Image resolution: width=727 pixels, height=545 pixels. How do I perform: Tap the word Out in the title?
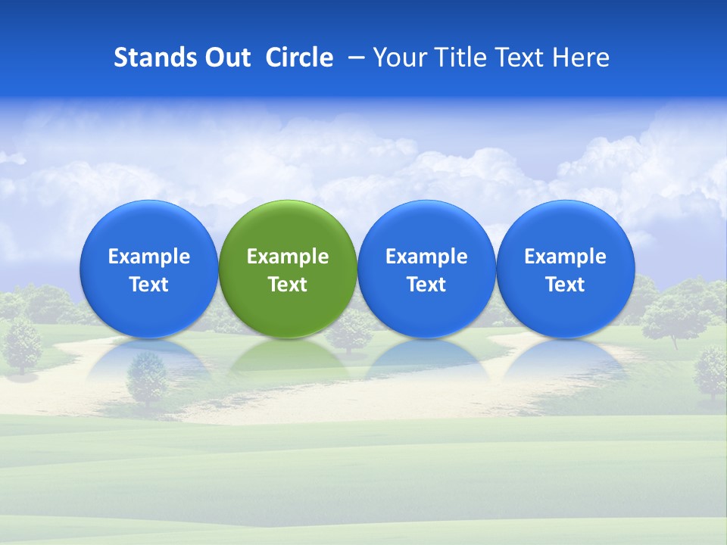pyautogui.click(x=225, y=58)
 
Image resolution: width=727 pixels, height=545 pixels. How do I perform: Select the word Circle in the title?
pyautogui.click(x=299, y=58)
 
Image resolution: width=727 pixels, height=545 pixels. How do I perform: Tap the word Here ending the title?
pyautogui.click(x=582, y=58)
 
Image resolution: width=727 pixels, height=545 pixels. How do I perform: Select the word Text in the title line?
pyautogui.click(x=522, y=58)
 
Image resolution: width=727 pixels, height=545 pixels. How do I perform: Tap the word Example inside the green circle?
pyautogui.click(x=288, y=257)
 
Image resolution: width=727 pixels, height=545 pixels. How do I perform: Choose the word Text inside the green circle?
pyautogui.click(x=288, y=285)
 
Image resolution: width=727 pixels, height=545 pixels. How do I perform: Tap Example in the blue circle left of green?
pyautogui.click(x=148, y=257)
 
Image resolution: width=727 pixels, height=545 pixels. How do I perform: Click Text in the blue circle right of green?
pyautogui.click(x=426, y=285)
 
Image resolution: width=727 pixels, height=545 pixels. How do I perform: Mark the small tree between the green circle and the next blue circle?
pyautogui.click(x=352, y=332)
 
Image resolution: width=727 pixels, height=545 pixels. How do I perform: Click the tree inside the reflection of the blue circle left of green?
pyautogui.click(x=147, y=378)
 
